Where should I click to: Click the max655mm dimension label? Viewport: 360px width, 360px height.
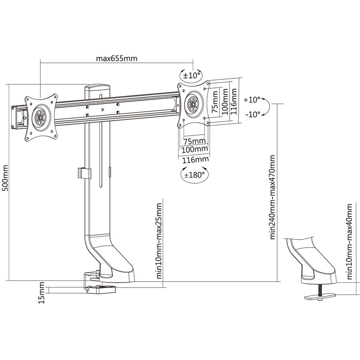[116, 58]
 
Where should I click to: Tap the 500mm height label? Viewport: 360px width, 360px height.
[5, 178]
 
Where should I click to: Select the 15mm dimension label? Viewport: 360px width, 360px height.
[42, 293]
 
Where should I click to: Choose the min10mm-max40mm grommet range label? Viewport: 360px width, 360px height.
[349, 242]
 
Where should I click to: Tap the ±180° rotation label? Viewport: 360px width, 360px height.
[194, 175]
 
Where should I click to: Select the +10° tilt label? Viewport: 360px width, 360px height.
[252, 100]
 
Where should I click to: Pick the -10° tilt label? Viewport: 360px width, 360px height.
[252, 114]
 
